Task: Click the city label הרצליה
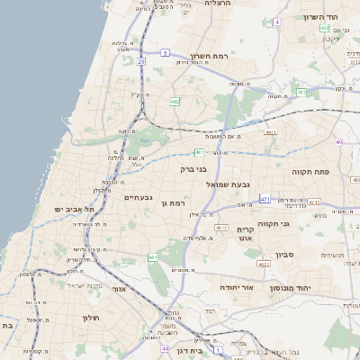click(x=218, y=4)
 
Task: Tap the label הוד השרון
click(x=319, y=17)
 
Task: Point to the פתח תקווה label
click(x=311, y=170)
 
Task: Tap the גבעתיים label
click(x=139, y=195)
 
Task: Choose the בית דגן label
click(x=175, y=355)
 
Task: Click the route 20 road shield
click(x=141, y=61)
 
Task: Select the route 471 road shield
click(x=265, y=198)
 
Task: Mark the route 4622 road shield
click(x=264, y=265)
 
